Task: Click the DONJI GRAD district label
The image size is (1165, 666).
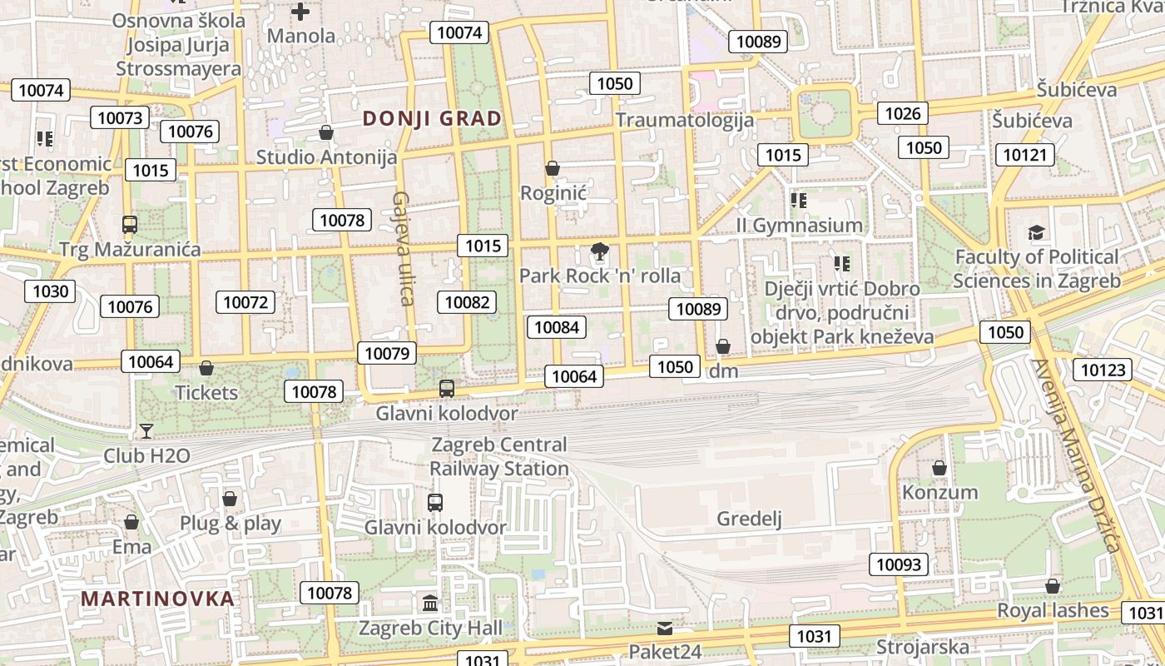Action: pyautogui.click(x=433, y=118)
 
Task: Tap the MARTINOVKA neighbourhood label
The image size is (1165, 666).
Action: pyautogui.click(x=158, y=599)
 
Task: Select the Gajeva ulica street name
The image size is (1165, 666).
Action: pyautogui.click(x=403, y=248)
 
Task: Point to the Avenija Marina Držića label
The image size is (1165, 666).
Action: pyautogui.click(x=1075, y=455)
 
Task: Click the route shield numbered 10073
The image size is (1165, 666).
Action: pyautogui.click(x=121, y=117)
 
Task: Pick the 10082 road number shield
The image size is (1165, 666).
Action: pyautogui.click(x=468, y=302)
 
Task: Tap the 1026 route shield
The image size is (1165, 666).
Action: pyautogui.click(x=903, y=113)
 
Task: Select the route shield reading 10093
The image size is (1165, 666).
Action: pyautogui.click(x=900, y=564)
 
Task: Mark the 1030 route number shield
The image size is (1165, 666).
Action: pyautogui.click(x=51, y=291)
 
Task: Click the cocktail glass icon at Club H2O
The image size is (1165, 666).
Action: pyautogui.click(x=146, y=431)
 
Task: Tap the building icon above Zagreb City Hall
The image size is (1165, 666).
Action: pyautogui.click(x=430, y=603)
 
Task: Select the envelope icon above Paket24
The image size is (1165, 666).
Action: pyautogui.click(x=665, y=628)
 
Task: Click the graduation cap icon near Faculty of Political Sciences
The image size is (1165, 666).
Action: pyautogui.click(x=1036, y=232)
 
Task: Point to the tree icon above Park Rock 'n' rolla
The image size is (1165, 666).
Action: pyautogui.click(x=598, y=251)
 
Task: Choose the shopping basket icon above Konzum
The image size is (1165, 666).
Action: pyautogui.click(x=939, y=469)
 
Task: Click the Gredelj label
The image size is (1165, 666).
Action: pyautogui.click(x=750, y=519)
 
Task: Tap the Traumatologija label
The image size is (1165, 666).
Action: pyautogui.click(x=685, y=120)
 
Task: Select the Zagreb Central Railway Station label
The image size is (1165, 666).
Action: pyautogui.click(x=499, y=457)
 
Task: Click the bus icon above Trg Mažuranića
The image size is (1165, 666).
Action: pyautogui.click(x=130, y=225)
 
